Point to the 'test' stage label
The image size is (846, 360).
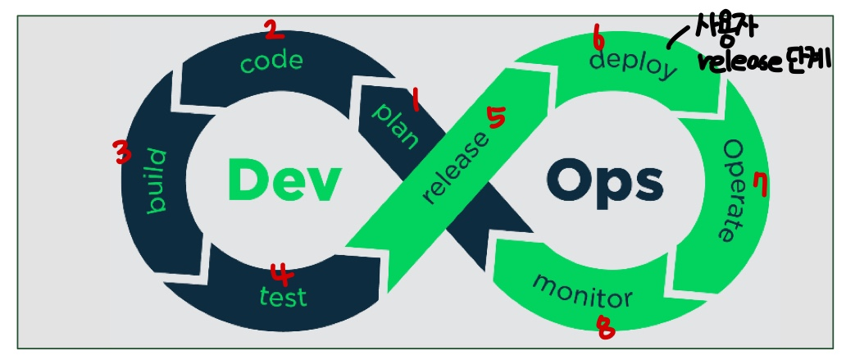coord(283,295)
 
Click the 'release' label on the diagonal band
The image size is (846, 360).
coord(457,168)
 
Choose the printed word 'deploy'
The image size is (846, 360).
coord(634,64)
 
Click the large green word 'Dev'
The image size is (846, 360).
coord(282,180)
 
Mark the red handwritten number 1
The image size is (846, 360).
coord(416,100)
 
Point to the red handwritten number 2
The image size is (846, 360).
coord(273,30)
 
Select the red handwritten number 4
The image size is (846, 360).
coord(281,271)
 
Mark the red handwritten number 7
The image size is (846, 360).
coord(761,186)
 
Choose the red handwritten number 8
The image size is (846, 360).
coord(605,327)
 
